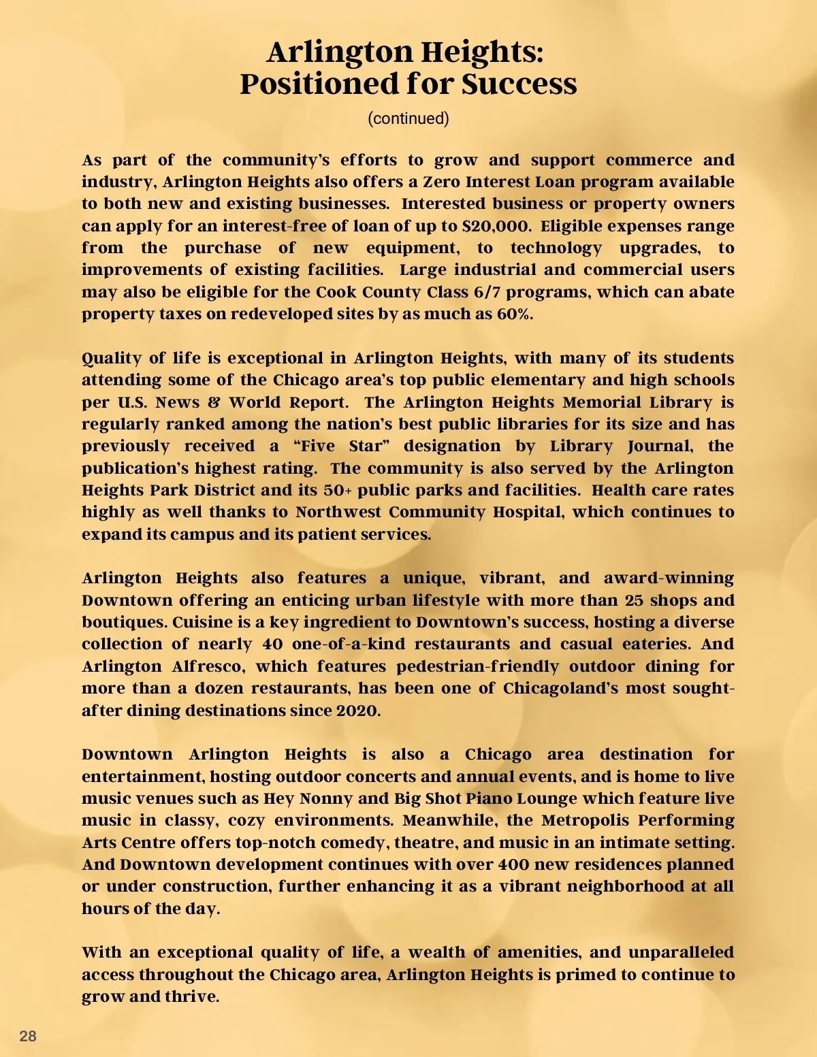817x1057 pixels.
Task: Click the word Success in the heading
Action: pyautogui.click(x=519, y=84)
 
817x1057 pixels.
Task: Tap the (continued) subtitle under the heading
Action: pyautogui.click(x=408, y=118)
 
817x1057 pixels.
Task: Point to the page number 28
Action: pyautogui.click(x=28, y=1036)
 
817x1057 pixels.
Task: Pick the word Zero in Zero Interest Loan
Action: pyautogui.click(x=441, y=182)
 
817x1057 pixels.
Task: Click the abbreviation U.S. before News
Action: pyautogui.click(x=133, y=402)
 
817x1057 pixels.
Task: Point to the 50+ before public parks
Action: pyautogui.click(x=337, y=490)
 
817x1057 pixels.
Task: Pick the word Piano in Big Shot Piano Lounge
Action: pyautogui.click(x=487, y=798)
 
